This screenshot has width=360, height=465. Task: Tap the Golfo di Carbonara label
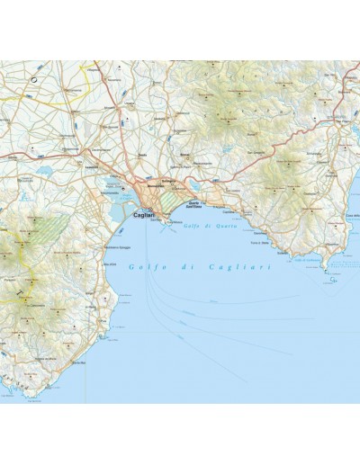[308, 261]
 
